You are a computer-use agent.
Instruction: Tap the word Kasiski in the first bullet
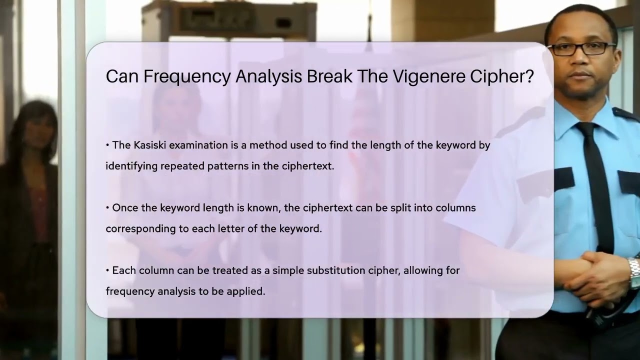[x=149, y=145]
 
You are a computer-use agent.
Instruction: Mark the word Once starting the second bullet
[x=123, y=207]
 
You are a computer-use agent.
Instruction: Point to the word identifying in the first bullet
[x=131, y=166]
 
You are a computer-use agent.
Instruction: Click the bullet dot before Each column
[x=107, y=270]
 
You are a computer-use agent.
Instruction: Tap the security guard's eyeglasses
[x=581, y=48]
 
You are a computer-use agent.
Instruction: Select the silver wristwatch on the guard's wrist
[x=634, y=272]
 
